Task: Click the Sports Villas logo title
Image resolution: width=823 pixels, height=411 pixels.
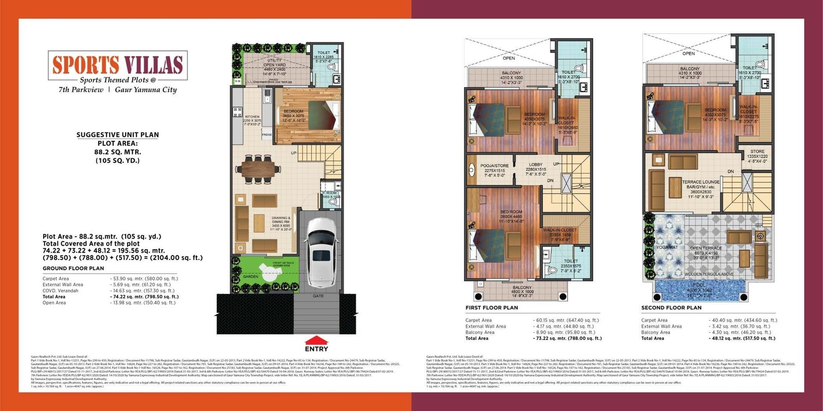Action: (x=117, y=65)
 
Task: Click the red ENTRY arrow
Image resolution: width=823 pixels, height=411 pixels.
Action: (x=316, y=341)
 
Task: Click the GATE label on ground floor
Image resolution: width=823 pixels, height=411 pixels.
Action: (x=318, y=296)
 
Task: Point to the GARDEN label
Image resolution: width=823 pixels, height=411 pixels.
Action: (x=251, y=277)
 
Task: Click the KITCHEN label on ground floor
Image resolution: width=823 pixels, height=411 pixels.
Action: (x=252, y=117)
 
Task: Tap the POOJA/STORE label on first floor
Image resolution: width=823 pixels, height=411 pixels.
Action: (x=494, y=166)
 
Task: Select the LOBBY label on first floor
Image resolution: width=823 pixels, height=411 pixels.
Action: (x=535, y=165)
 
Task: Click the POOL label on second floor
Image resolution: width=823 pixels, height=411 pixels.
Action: (x=699, y=285)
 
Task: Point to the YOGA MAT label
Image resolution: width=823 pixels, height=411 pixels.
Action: (x=667, y=247)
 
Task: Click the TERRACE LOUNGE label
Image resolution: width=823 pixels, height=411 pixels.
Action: (x=701, y=182)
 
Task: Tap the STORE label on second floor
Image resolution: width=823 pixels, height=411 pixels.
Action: (x=757, y=152)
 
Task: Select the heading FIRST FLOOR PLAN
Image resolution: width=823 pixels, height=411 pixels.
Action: (x=492, y=308)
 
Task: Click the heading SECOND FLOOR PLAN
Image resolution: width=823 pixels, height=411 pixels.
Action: (x=671, y=308)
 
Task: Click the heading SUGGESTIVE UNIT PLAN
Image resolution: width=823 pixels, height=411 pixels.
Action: (x=118, y=135)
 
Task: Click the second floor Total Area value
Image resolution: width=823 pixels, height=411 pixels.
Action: (x=743, y=338)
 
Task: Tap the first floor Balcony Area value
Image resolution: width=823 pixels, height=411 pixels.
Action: (x=565, y=332)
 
